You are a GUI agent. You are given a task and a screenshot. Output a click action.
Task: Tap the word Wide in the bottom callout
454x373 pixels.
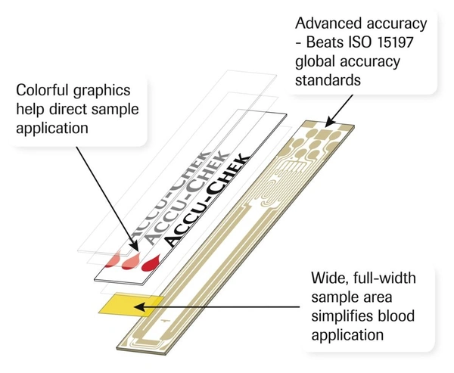330,278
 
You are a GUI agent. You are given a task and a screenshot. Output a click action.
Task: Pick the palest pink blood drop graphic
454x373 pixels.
111,260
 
